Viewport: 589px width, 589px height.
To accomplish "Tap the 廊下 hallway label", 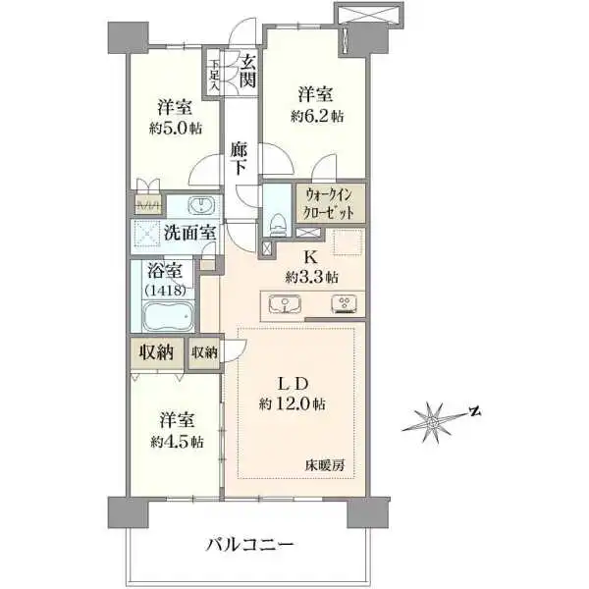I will tap(240, 160).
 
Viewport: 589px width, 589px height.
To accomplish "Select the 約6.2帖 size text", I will tap(316, 116).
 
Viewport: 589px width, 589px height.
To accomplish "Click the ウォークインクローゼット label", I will tap(335, 202).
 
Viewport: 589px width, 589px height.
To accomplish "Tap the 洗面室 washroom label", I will tap(190, 234).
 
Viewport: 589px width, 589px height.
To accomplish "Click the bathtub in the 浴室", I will tap(170, 318).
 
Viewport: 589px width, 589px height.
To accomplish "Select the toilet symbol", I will tap(277, 221).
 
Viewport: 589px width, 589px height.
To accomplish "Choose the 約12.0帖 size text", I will tap(294, 403).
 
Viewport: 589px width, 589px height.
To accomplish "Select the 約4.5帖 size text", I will tap(177, 442).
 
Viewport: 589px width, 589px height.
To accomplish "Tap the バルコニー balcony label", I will tap(250, 542).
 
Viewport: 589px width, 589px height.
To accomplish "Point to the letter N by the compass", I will tap(472, 411).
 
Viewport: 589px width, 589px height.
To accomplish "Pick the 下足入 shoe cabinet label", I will tap(213, 74).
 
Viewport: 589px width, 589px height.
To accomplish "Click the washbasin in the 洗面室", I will tap(201, 205).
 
